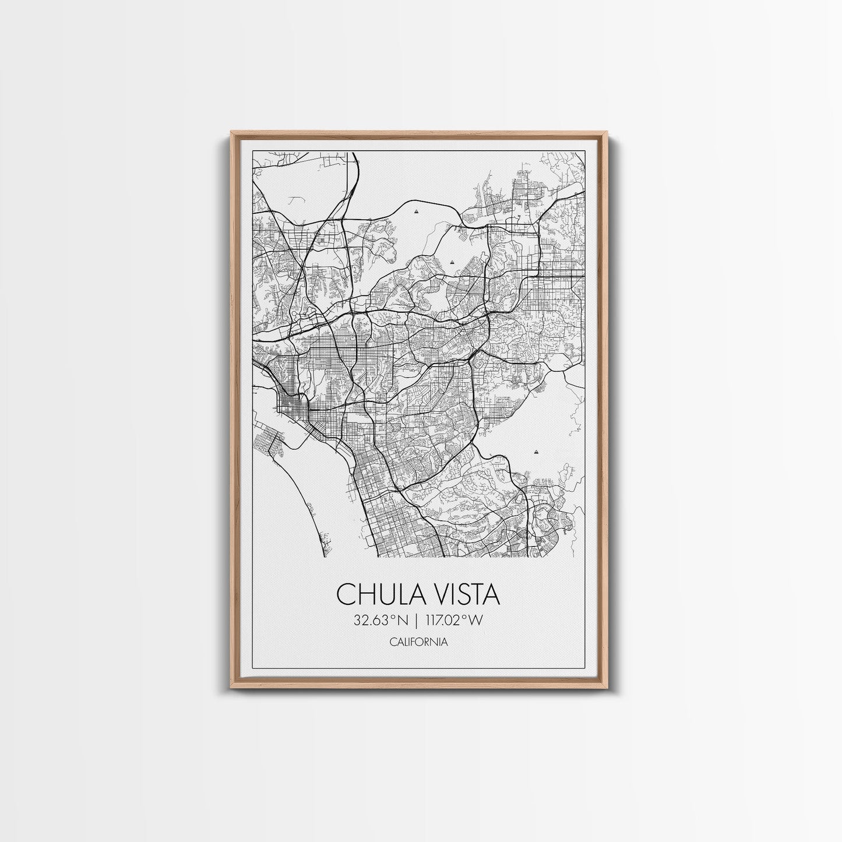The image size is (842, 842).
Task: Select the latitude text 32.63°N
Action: tap(381, 620)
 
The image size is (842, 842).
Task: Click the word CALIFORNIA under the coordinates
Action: tap(418, 642)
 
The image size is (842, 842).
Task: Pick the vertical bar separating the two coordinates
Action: tap(418, 620)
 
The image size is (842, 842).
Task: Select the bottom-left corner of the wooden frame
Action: tap(231, 689)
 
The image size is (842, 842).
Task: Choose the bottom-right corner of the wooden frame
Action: tap(608, 689)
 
